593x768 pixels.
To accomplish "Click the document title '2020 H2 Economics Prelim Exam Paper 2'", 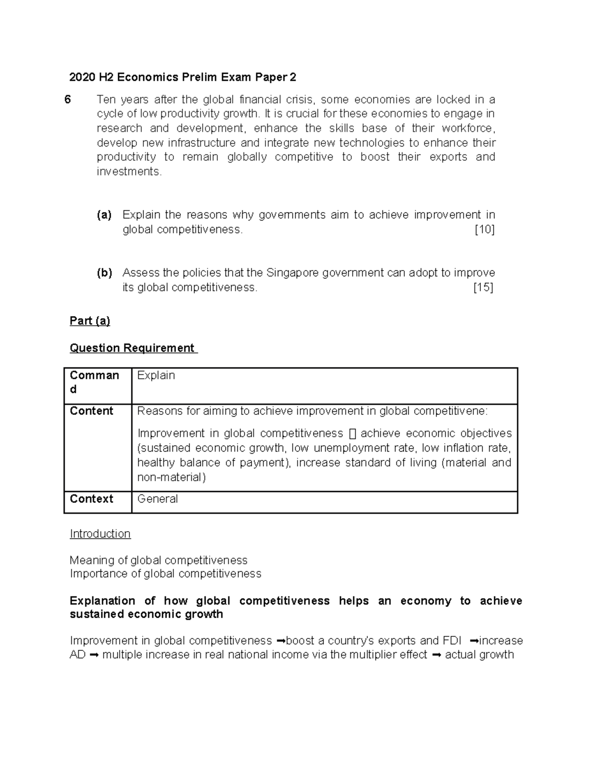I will point(183,77).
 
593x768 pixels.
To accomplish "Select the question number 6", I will point(68,100).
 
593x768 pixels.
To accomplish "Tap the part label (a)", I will point(104,215).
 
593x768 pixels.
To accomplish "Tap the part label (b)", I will point(104,272).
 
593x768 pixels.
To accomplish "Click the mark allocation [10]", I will point(484,229).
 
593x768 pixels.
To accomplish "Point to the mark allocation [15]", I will point(483,287).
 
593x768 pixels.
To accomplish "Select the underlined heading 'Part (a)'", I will point(90,321).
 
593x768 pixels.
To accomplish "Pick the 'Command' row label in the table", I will point(94,382).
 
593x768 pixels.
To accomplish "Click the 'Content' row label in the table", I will point(92,411).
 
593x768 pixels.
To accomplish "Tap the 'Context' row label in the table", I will point(92,499).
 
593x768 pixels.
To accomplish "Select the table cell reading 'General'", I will point(158,499).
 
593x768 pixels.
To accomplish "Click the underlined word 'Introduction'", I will point(100,534).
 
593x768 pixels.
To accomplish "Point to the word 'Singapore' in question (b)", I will point(290,272).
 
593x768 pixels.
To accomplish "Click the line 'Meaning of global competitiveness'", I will point(159,560).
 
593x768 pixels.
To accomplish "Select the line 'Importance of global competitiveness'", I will point(166,574).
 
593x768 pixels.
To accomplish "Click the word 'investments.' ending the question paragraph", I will point(129,172).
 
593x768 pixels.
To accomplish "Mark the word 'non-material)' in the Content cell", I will point(171,477).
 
